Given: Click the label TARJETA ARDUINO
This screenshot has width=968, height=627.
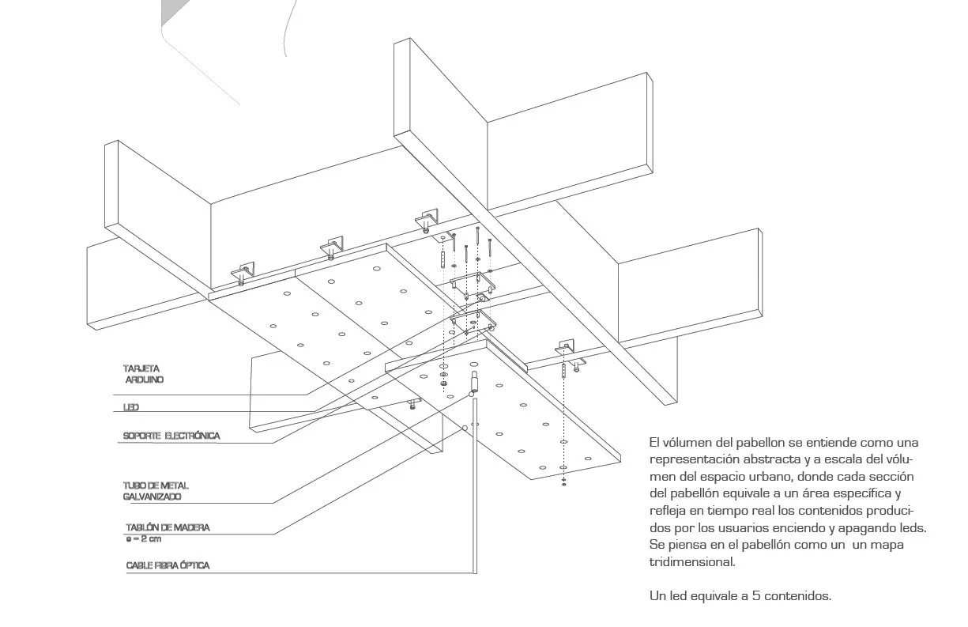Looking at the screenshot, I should [143, 374].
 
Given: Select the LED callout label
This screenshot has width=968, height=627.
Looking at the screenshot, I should [131, 408].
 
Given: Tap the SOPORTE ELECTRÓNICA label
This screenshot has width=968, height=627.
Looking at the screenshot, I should [171, 436].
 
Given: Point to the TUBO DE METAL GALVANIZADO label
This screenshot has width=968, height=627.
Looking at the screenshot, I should [156, 490].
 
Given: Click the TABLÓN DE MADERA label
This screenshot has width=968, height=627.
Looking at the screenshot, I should [168, 527].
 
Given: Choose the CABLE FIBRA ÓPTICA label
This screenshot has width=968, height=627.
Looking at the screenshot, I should [168, 566].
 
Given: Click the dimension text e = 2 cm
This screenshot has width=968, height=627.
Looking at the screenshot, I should [144, 538].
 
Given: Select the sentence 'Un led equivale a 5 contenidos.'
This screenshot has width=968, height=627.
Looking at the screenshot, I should [740, 596].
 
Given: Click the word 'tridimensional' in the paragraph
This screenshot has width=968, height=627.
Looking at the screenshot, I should [692, 563].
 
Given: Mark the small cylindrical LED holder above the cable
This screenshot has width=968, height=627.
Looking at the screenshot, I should [475, 381].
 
